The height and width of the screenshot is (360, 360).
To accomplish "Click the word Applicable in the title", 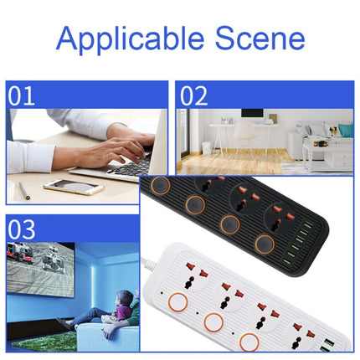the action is [x=131, y=39].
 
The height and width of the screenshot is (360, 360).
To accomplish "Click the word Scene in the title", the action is [x=260, y=38].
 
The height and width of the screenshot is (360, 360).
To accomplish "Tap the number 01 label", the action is [x=21, y=95].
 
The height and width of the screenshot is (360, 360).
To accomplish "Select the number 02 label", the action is [x=193, y=95].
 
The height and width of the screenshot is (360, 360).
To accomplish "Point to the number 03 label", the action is [x=21, y=229].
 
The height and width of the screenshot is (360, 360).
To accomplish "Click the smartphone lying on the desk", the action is [x=75, y=187].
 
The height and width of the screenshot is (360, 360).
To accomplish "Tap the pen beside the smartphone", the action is [x=24, y=191].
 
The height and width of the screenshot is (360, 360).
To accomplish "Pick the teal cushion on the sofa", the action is [x=346, y=130].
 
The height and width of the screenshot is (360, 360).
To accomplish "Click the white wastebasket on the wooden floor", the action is [x=207, y=147].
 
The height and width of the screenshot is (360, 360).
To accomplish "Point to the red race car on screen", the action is [x=19, y=253].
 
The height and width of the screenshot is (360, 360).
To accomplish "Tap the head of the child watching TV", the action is [x=125, y=298].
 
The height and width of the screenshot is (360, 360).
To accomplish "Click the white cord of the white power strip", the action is [x=149, y=265].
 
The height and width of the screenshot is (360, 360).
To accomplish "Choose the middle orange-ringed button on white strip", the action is [x=213, y=322].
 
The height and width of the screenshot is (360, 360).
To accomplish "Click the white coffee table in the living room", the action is [x=327, y=157].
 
